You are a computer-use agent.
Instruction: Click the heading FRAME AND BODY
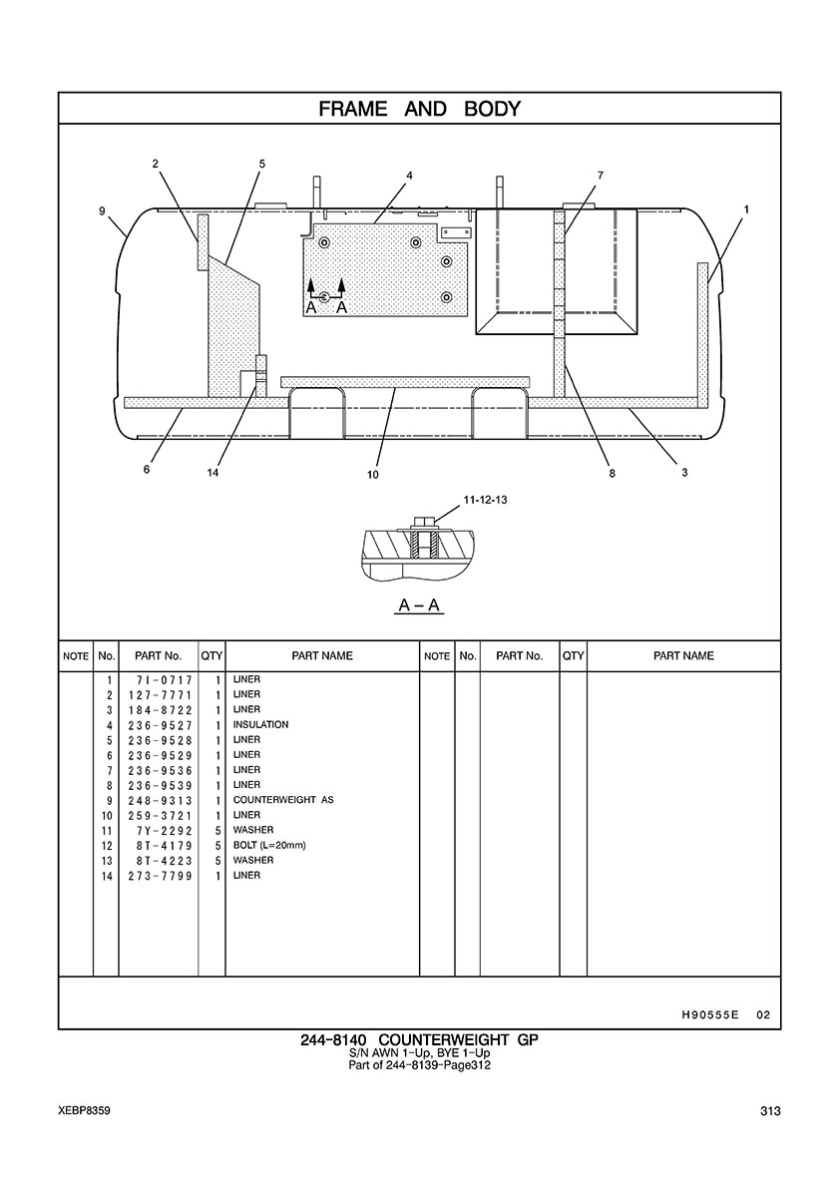point(419,109)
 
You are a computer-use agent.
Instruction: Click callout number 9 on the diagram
point(102,210)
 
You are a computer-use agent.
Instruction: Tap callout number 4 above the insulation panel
point(410,176)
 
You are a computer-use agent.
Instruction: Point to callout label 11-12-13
point(485,501)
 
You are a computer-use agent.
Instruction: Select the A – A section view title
point(419,605)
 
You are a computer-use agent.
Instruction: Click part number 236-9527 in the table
point(161,725)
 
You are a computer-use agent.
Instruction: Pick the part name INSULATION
point(260,725)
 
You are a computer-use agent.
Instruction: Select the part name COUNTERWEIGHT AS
point(283,800)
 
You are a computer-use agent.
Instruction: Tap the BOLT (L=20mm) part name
point(269,846)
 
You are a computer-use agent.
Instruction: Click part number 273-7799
point(161,877)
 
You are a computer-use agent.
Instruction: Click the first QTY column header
point(211,656)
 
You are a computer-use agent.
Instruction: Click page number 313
point(771,1111)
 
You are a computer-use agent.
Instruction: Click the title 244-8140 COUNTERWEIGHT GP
point(419,1040)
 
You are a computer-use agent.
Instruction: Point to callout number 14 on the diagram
point(212,473)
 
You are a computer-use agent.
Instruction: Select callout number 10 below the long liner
point(372,475)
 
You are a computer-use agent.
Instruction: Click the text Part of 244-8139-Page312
point(419,1065)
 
